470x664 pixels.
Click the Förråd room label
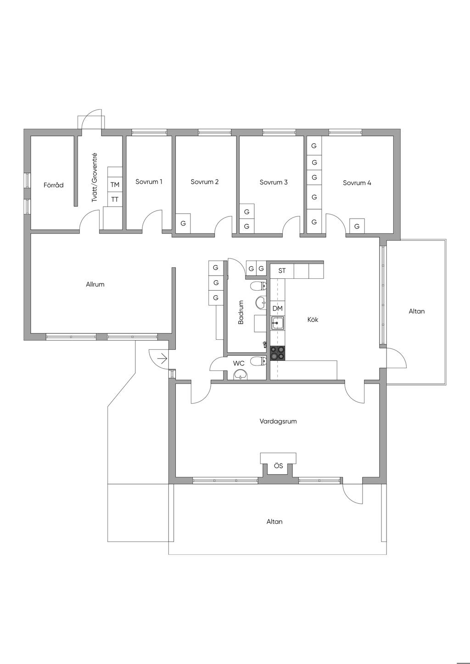tap(53, 185)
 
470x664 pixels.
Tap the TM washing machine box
tap(115, 185)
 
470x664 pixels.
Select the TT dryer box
tap(115, 199)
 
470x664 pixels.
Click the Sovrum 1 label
tap(149, 182)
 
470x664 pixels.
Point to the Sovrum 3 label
tap(274, 182)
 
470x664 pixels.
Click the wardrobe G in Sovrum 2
tap(183, 223)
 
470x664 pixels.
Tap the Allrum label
tap(95, 284)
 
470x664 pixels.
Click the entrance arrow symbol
tap(162, 359)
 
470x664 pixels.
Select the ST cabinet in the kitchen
tap(282, 271)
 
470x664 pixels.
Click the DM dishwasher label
tap(277, 308)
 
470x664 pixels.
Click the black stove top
tap(277, 353)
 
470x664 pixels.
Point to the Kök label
tap(313, 320)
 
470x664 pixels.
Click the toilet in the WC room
tap(258, 361)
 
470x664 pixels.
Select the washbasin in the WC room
tap(241, 375)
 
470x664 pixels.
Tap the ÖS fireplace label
tap(278, 466)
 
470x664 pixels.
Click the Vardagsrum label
tap(278, 421)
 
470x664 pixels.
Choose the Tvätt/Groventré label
tap(95, 177)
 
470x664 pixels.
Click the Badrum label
tap(241, 312)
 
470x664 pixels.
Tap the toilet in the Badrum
tap(258, 286)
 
